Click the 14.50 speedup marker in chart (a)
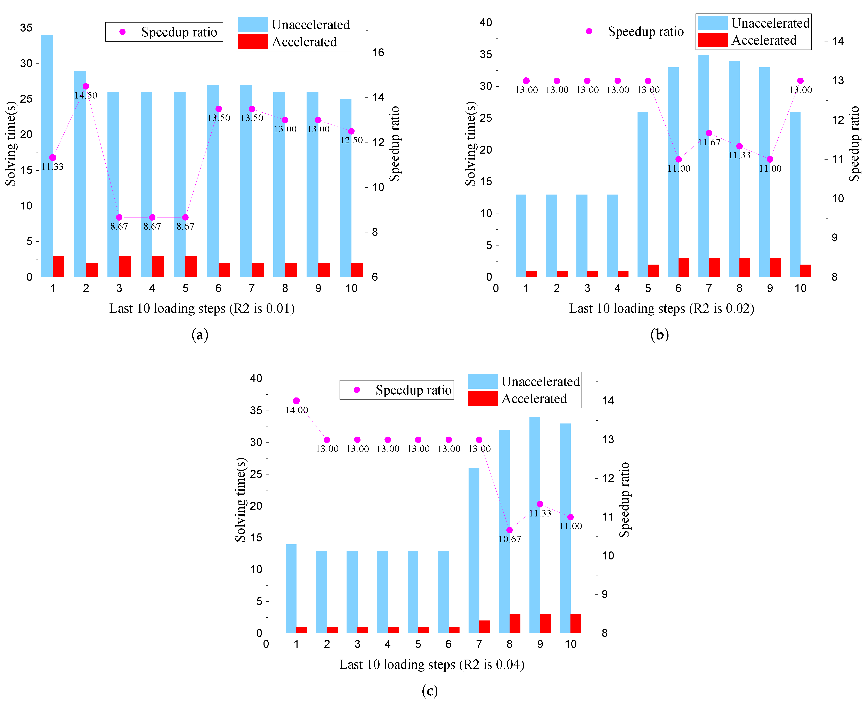pos(86,86)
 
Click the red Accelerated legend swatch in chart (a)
pos(253,42)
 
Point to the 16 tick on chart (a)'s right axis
pos(378,53)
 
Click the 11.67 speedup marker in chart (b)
pos(709,133)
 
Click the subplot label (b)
pos(659,334)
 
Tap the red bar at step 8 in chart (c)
pos(515,624)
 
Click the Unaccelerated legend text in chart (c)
pos(540,381)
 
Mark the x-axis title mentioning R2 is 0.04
pos(432,665)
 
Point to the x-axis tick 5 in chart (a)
pos(185,288)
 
